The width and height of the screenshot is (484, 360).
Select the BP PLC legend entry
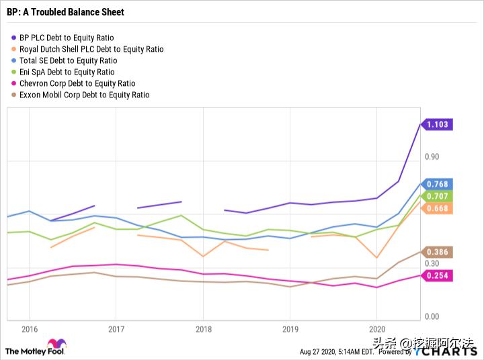[x=67, y=38]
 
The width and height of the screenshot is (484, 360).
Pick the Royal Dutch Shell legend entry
[x=91, y=49]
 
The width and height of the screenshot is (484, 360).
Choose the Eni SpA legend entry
[x=67, y=72]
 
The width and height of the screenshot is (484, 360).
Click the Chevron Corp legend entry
[x=77, y=83]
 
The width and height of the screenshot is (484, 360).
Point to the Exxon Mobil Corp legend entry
[x=84, y=95]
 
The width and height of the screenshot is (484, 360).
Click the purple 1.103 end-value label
[x=438, y=124]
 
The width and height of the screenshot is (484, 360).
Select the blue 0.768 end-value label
[x=438, y=184]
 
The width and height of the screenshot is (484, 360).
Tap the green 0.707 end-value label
[x=438, y=196]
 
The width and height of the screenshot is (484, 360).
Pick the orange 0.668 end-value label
[x=438, y=208]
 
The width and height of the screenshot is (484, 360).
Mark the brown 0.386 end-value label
[x=438, y=252]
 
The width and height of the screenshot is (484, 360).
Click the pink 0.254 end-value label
[x=438, y=275]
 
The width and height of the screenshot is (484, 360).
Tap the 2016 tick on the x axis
[x=30, y=329]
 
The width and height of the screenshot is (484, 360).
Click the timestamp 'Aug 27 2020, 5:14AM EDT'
[x=335, y=351]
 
